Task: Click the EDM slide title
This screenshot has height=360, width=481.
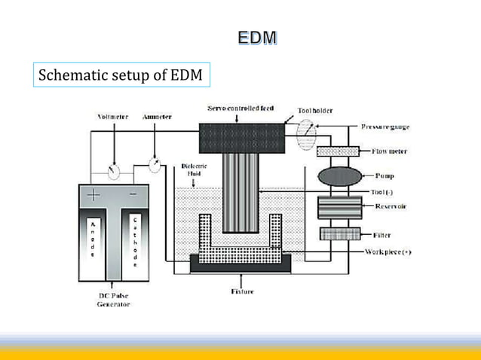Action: point(257,38)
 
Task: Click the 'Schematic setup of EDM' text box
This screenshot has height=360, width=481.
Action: point(120,76)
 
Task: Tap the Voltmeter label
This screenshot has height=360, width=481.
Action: point(113,117)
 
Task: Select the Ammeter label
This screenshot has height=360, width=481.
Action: point(157,117)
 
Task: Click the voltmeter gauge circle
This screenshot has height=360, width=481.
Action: point(114,172)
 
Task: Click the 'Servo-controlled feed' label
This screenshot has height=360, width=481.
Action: point(240,108)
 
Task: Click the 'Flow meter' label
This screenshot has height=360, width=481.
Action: point(389,151)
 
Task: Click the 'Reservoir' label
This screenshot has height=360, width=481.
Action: point(391,206)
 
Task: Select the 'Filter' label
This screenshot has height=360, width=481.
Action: point(381,235)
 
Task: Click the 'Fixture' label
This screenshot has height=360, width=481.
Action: point(242,291)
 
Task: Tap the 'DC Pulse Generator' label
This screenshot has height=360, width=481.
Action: point(112,300)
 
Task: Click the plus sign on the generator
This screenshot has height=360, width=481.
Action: point(93,196)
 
